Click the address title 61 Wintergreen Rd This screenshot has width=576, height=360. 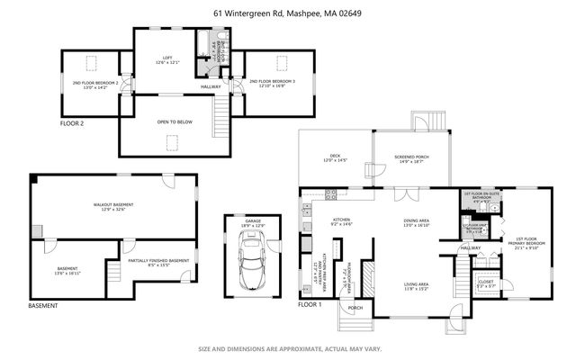coord(287,13)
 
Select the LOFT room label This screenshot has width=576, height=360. coord(167,60)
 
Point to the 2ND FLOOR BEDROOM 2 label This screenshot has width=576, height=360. coord(94,85)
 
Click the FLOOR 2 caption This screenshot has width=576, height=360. coord(74,122)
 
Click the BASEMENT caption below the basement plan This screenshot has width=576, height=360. coord(43,306)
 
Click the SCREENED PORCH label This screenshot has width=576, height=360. coord(409,159)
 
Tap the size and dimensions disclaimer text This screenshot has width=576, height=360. coord(287,348)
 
